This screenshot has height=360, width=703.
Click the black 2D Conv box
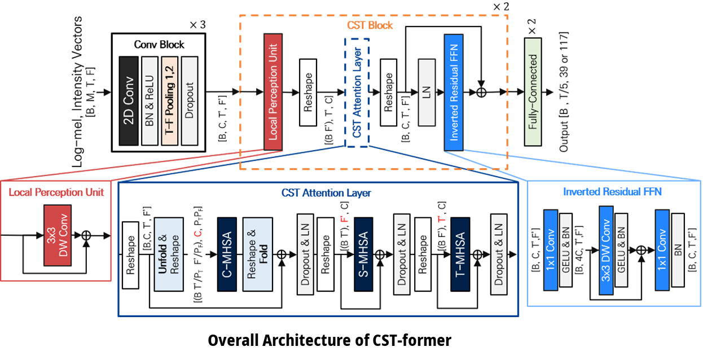coord(128,100)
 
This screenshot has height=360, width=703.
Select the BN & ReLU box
coord(150,100)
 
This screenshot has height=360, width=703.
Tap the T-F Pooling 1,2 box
coord(169,100)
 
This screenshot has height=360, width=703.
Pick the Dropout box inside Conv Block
coord(190,100)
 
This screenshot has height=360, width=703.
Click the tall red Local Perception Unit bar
coord(273,91)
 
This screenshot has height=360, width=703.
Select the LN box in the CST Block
coord(427,91)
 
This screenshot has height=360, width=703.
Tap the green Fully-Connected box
coord(533,91)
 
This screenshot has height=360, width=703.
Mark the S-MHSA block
coord(364,254)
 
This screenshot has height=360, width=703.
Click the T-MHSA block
coord(460,254)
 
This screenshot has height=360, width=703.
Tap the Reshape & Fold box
coord(257,254)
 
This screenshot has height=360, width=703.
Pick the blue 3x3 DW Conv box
coord(606,249)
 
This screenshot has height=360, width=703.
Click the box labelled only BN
coord(678,249)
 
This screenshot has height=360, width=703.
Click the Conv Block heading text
coord(159,45)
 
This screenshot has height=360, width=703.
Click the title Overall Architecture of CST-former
coord(329,341)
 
